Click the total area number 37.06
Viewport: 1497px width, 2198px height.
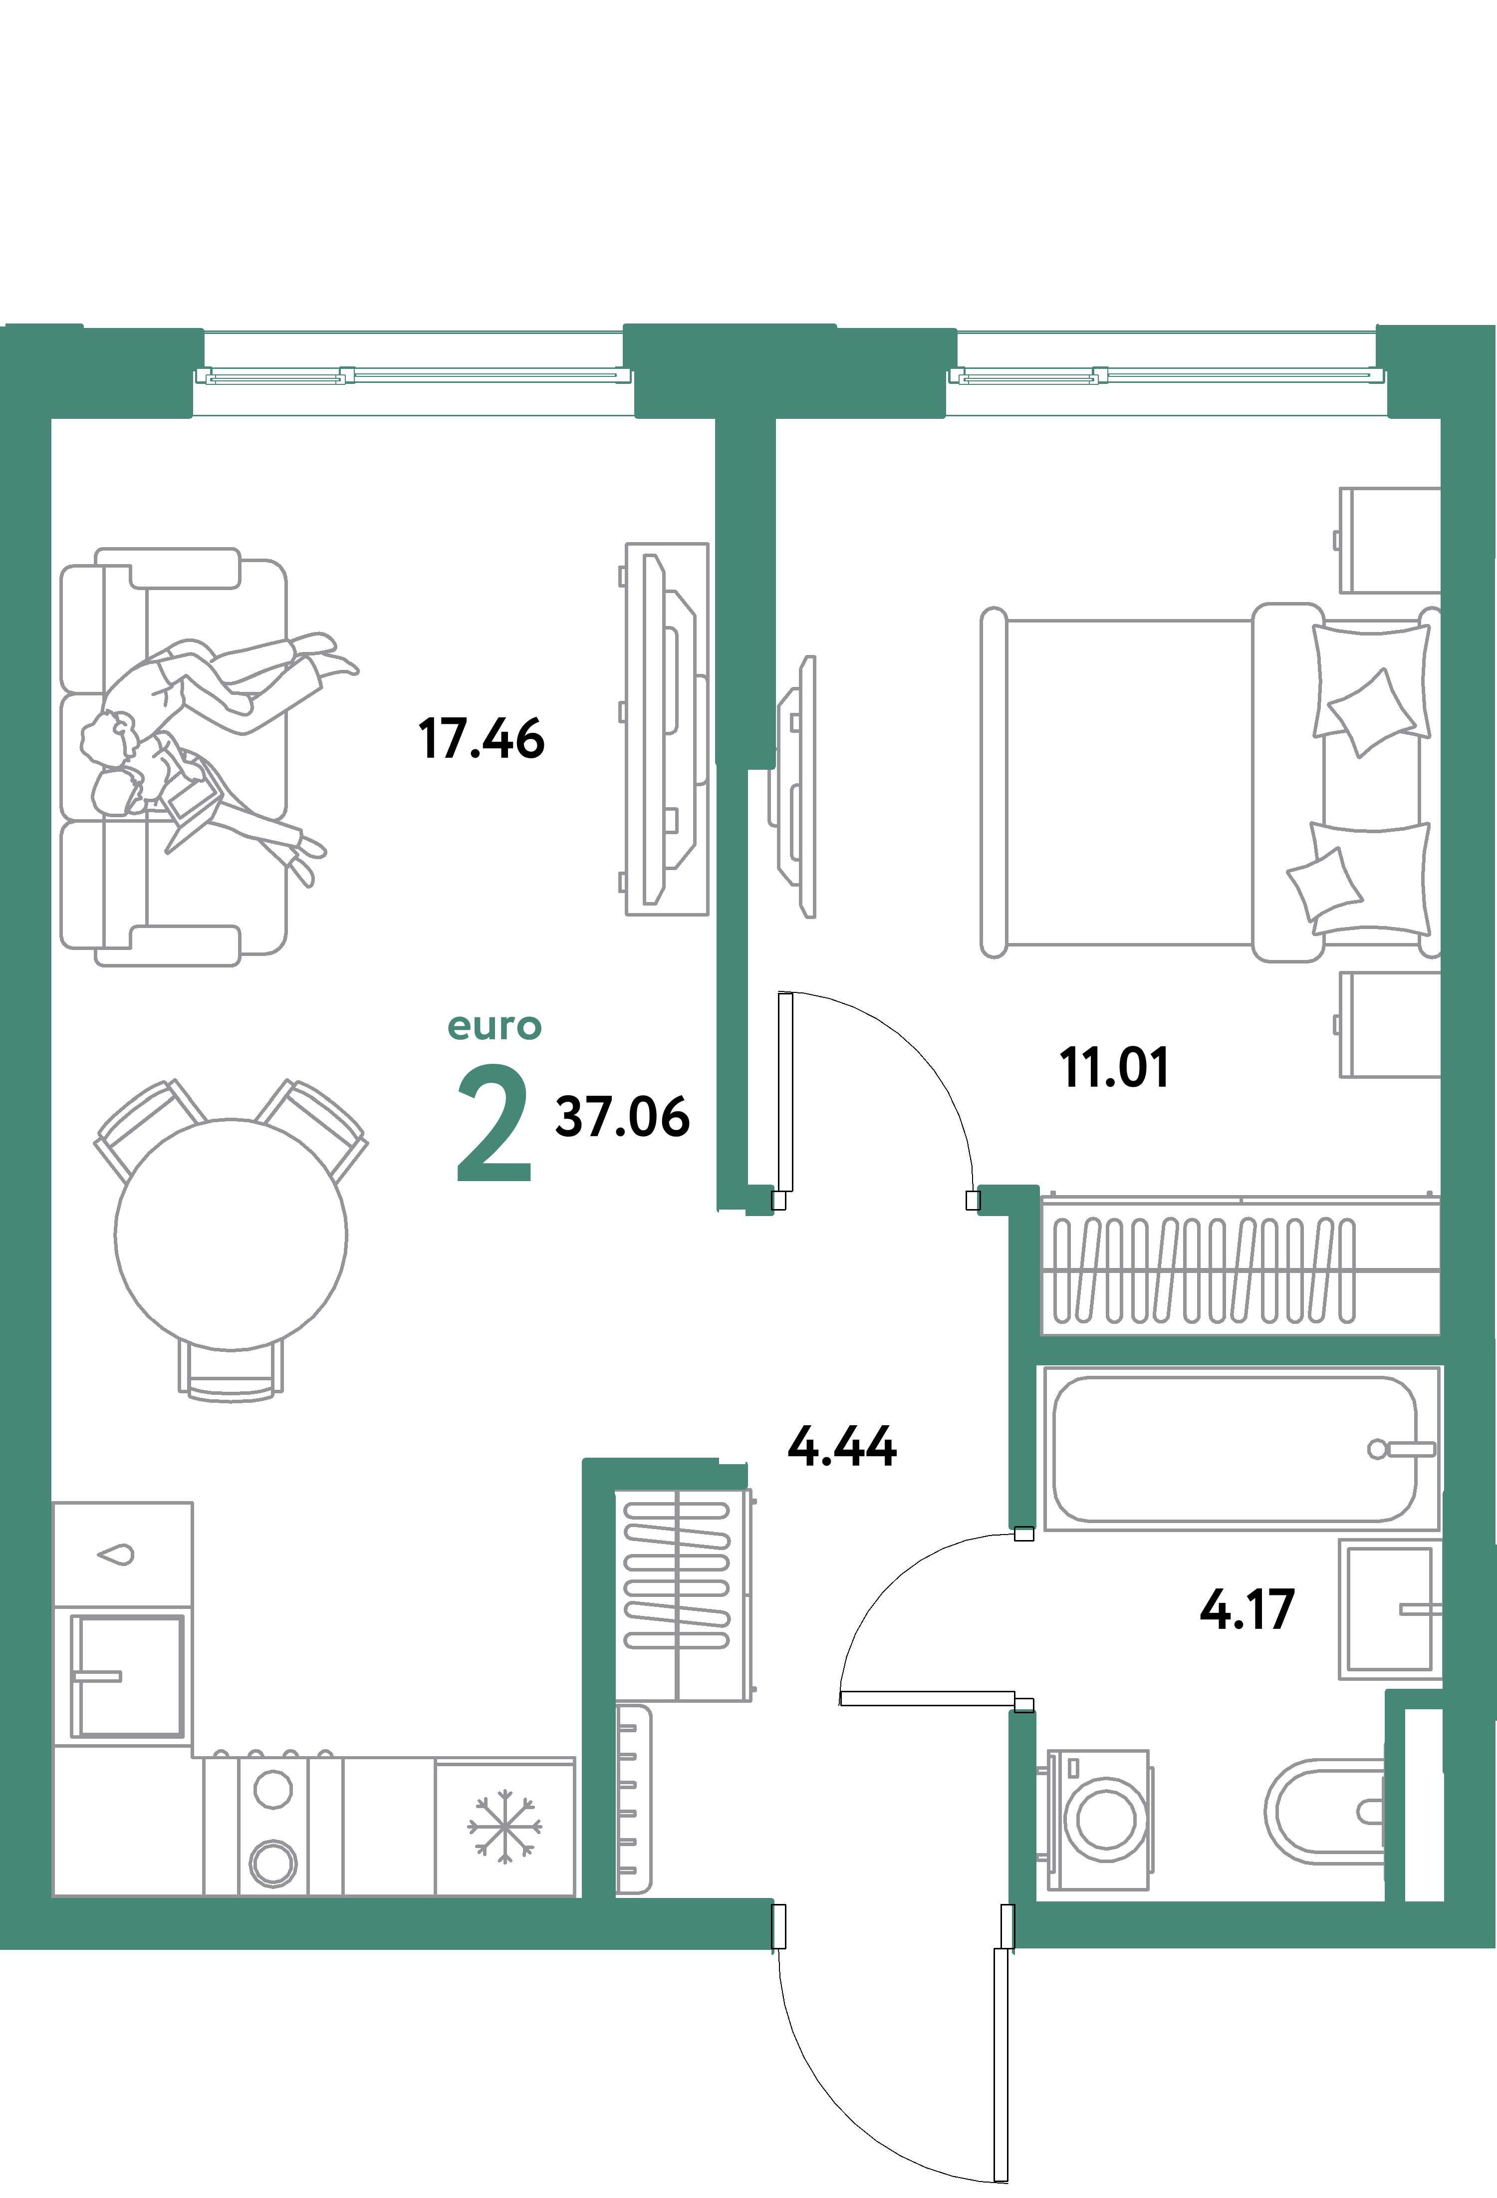(622, 1117)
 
